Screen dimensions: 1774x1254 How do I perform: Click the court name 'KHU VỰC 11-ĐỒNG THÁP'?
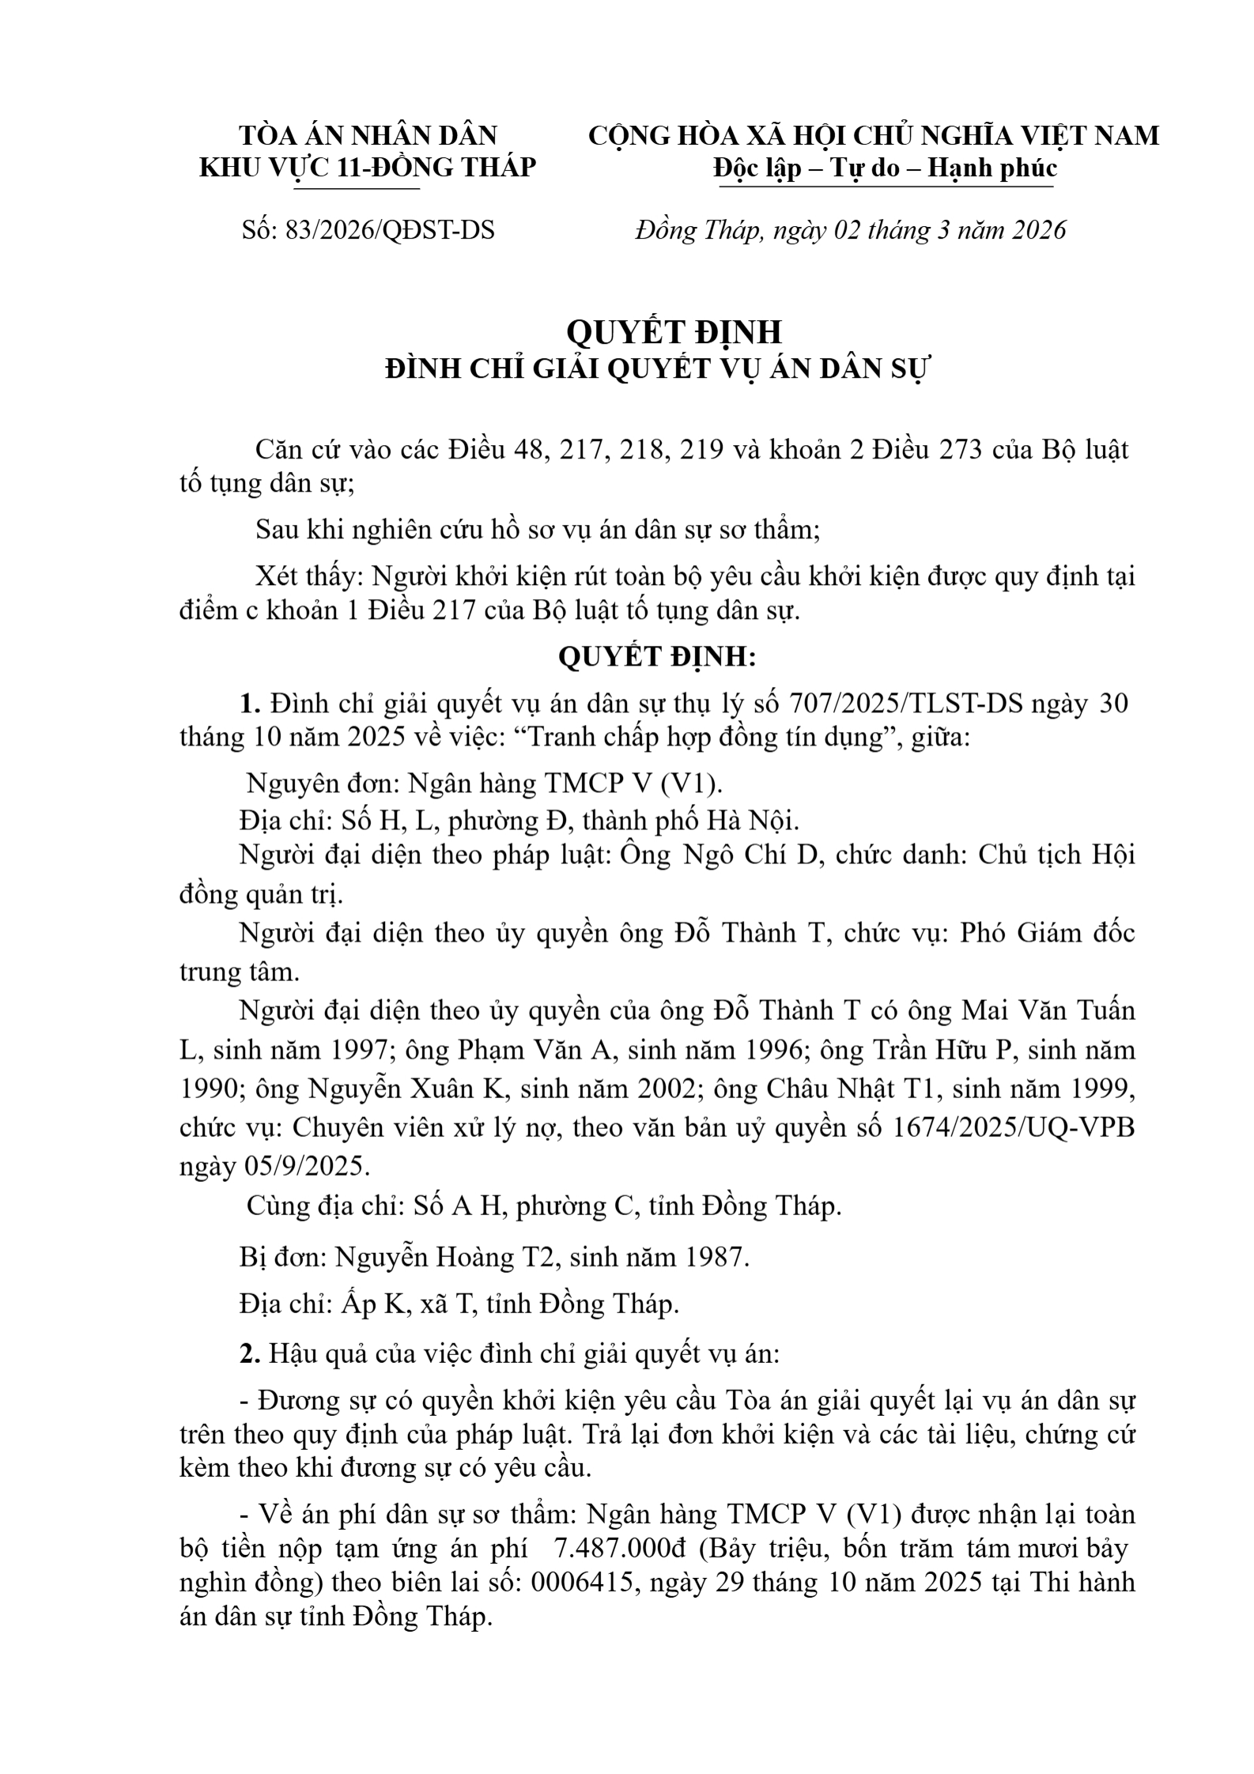[368, 168]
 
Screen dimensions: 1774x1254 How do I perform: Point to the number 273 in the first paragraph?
[959, 450]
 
